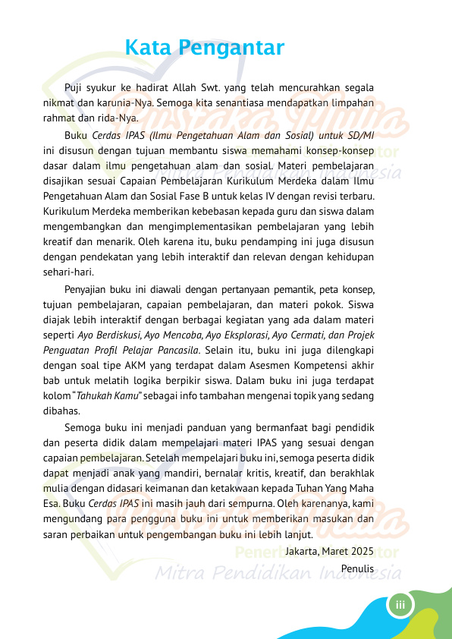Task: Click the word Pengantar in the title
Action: pos(231,49)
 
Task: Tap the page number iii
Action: pos(399,604)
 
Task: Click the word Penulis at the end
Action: pos(358,568)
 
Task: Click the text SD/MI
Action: pos(359,135)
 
